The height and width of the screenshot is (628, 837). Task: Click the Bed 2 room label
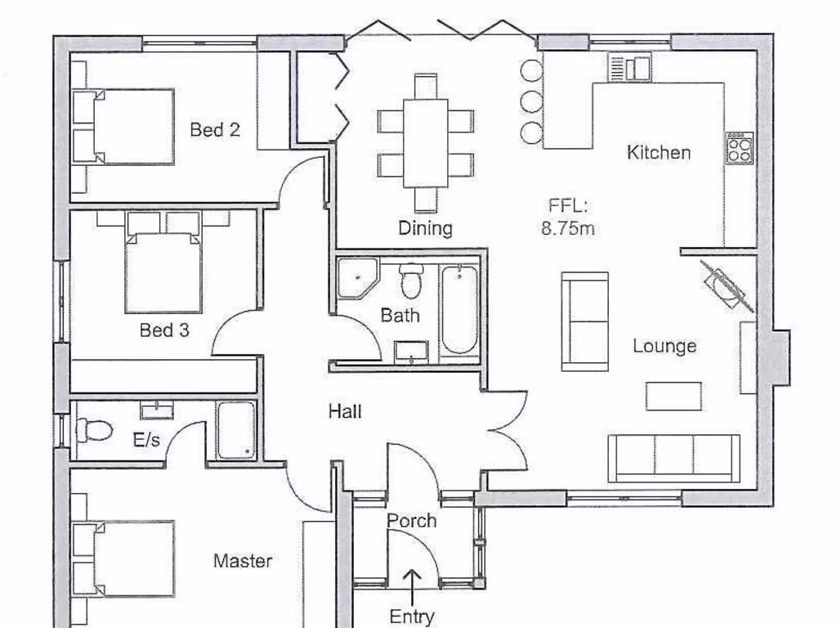215,130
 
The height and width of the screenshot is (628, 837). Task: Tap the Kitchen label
659,153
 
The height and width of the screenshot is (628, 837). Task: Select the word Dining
425,229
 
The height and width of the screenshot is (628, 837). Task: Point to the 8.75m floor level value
568,229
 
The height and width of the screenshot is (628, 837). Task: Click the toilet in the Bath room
410,280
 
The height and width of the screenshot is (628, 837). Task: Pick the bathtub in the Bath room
459,310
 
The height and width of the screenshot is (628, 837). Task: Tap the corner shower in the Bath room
358,278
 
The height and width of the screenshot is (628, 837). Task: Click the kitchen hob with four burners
740,148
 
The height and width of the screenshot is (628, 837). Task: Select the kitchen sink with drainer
630,67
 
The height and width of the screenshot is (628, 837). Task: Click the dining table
425,143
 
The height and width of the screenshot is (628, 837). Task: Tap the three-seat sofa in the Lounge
674,458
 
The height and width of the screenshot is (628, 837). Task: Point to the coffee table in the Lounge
674,397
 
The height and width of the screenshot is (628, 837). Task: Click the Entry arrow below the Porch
412,588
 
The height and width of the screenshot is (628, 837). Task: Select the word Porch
412,521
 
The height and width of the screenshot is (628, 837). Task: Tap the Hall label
345,412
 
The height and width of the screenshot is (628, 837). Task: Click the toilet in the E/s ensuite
94,430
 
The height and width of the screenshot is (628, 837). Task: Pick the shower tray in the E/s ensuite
236,430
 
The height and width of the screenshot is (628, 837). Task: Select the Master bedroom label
243,561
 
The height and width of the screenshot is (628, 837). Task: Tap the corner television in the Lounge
727,285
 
